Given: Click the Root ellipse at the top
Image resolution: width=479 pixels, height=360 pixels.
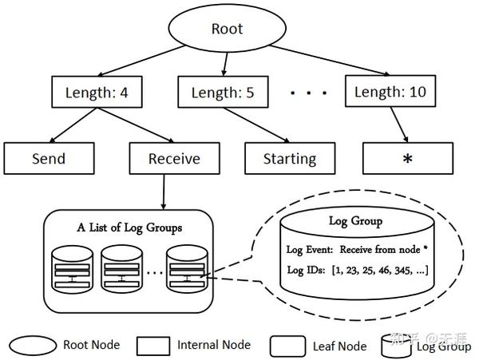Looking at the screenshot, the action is [228, 29].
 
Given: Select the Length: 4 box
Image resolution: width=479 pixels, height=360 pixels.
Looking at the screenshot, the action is [97, 92].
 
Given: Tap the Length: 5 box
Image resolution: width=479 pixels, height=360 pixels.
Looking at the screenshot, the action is [223, 92].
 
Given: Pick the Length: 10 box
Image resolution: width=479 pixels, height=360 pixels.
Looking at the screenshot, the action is [390, 91].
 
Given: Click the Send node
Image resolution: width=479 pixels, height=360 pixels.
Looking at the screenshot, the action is [49, 159].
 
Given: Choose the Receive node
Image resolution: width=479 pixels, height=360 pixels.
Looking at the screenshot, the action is [174, 159].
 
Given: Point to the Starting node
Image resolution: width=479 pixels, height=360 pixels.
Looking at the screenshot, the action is [290, 159].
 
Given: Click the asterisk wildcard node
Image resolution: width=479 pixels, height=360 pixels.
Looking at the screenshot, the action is [408, 159].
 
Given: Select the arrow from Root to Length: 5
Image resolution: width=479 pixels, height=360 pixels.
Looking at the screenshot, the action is [225, 65].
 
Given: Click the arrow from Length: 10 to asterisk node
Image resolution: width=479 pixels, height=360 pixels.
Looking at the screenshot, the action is [399, 125].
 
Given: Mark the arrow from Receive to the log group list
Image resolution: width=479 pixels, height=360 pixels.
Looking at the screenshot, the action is [164, 192].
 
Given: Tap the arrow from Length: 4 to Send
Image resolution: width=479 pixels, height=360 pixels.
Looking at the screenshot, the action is [73, 125].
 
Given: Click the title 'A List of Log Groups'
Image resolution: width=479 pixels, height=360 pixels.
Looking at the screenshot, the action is [129, 227].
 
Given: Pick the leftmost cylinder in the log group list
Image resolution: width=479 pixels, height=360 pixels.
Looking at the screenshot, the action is [73, 269].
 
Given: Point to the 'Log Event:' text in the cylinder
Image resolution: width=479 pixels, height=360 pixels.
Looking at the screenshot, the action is [310, 250].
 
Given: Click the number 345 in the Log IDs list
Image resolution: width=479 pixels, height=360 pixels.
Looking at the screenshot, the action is [402, 271].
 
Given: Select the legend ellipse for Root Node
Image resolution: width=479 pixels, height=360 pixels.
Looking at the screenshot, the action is [33, 346].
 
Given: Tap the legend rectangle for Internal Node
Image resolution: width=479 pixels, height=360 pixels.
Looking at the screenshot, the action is [153, 346].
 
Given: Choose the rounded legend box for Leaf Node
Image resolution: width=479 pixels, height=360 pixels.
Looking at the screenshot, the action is [287, 346].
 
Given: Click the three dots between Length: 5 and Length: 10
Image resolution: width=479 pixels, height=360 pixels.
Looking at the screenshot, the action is [308, 93].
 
